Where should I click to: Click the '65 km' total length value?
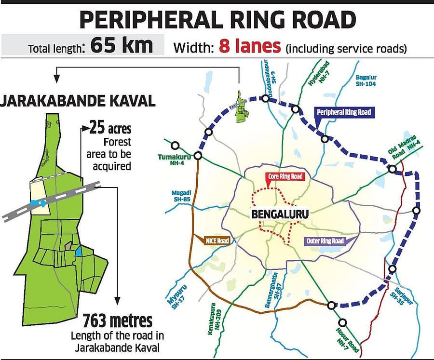click(x=121, y=45)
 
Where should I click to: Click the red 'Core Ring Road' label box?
click(x=285, y=177)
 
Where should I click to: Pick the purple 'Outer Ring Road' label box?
click(x=325, y=241)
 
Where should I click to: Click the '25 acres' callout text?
click(x=110, y=129)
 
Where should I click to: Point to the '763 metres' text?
click(x=117, y=320)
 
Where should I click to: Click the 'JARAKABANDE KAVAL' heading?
click(x=77, y=102)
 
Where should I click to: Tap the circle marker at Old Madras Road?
click(x=393, y=169)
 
